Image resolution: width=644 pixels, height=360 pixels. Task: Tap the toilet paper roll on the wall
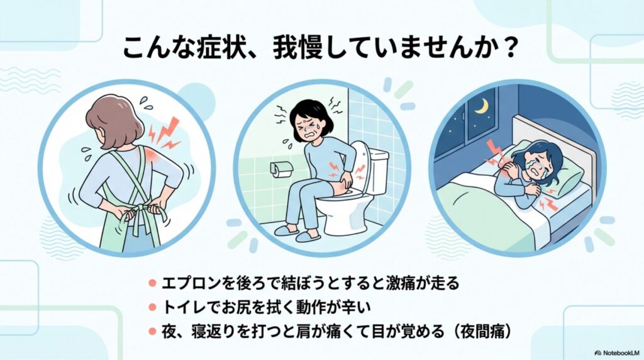click(281, 169)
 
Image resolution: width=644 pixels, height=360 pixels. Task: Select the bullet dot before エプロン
click(152, 283)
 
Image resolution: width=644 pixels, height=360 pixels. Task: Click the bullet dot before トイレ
click(152, 307)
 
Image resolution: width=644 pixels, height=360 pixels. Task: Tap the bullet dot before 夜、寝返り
click(152, 331)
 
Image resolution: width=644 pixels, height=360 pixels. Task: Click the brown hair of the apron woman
click(114, 121)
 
